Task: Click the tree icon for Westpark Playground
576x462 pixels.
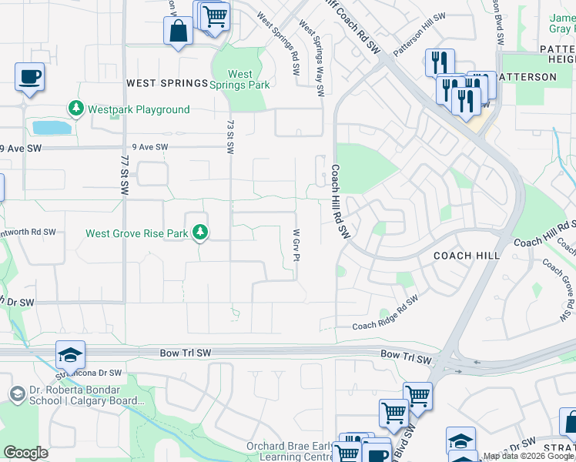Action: [75, 109]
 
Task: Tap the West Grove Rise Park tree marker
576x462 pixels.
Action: [200, 232]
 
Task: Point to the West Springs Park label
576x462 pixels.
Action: [240, 80]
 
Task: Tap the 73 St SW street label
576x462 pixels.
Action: [230, 136]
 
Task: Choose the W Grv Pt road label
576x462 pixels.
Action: [296, 245]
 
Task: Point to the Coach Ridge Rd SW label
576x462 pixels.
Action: [385, 312]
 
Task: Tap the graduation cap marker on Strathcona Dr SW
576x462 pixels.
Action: [70, 354]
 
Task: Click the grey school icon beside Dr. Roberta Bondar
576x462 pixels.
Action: [17, 394]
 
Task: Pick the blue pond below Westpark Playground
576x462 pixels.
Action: [51, 128]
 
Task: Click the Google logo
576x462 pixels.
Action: [26, 453]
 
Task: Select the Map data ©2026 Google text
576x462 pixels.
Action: [528, 457]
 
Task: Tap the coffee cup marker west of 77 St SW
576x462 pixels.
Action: [29, 77]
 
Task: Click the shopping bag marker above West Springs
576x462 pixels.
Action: [178, 32]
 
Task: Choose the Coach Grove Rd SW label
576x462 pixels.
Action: [558, 289]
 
